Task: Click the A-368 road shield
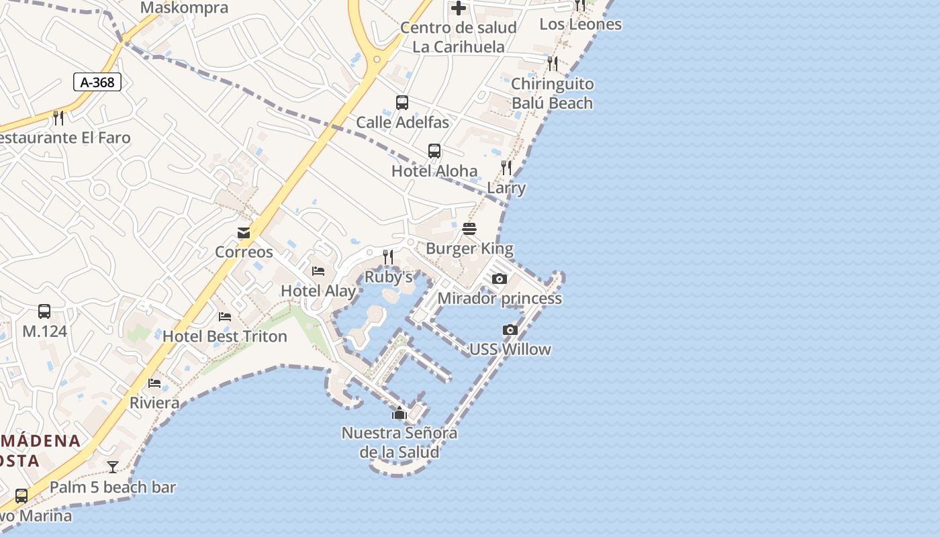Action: [x=97, y=83]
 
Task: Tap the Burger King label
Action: [x=469, y=248]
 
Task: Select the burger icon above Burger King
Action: [x=469, y=229]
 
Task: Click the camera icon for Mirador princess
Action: [x=499, y=279]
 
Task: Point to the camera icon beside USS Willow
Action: [x=510, y=330]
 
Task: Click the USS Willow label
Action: [x=510, y=349]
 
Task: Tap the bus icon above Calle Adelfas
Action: [x=402, y=103]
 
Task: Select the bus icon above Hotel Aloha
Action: [x=434, y=151]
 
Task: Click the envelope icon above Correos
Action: [x=244, y=233]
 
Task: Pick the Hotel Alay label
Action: [x=318, y=291]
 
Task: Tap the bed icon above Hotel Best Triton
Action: [x=225, y=317]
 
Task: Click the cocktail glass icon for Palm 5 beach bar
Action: [x=113, y=467]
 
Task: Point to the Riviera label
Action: [x=154, y=403]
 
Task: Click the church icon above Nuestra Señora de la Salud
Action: [x=399, y=413]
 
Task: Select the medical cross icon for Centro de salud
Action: [x=459, y=8]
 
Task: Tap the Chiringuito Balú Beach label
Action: [x=552, y=93]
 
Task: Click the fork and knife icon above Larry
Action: [x=506, y=168]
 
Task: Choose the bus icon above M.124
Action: [x=44, y=311]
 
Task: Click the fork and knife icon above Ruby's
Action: [x=387, y=256]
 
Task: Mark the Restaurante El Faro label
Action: [x=64, y=138]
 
